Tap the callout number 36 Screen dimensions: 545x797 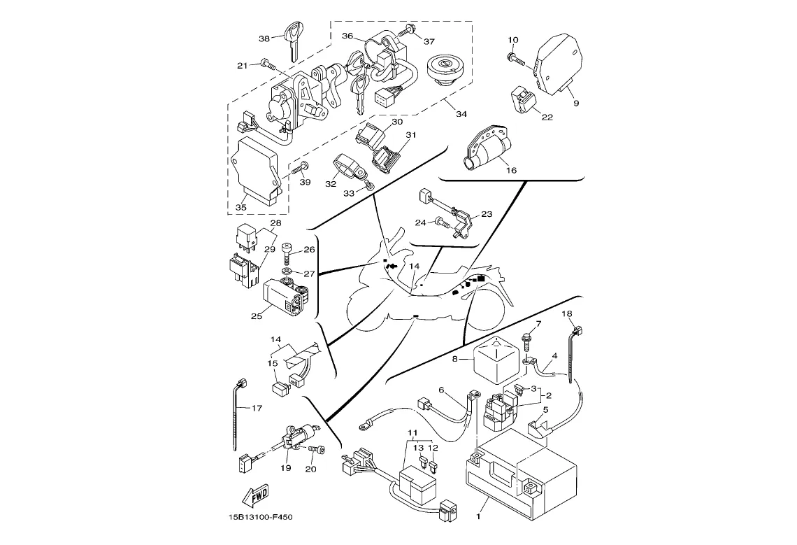347,36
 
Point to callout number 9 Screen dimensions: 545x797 576,103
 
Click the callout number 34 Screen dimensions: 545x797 461,114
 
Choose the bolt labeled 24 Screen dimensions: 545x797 442,222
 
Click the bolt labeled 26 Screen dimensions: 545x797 288,250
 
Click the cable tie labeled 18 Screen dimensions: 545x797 575,353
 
